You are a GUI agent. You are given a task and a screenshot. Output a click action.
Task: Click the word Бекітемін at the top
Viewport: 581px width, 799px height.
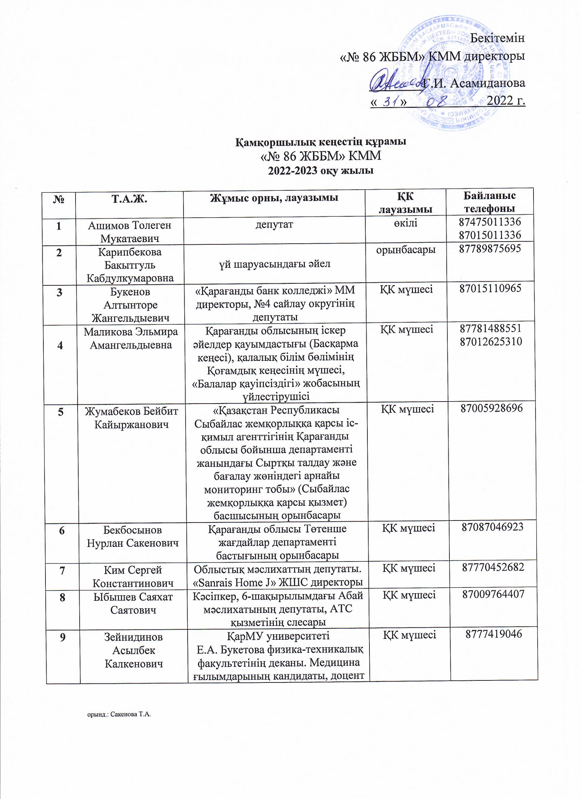[x=497, y=38]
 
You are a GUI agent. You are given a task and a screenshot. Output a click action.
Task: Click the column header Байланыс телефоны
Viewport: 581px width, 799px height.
[x=489, y=202]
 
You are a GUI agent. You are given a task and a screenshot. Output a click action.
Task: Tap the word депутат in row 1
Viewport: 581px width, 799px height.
[x=274, y=225]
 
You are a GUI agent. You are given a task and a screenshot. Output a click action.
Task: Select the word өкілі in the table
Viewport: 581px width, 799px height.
[x=406, y=223]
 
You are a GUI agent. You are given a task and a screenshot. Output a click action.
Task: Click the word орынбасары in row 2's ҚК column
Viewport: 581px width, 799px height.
[x=406, y=250]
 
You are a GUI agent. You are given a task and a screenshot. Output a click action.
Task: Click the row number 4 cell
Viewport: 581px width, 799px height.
[x=60, y=345]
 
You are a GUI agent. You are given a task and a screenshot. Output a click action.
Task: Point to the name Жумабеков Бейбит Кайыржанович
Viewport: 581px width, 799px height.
[x=131, y=418]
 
